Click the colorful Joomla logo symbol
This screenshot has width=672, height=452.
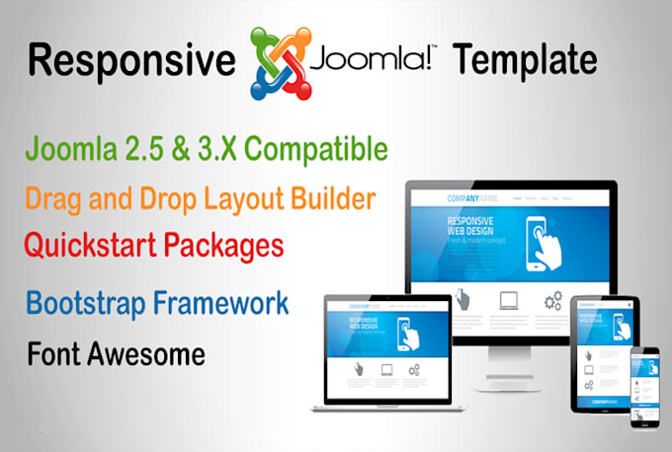click(280, 60)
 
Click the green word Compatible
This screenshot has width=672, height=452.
click(313, 151)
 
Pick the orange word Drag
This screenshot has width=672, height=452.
click(58, 198)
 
